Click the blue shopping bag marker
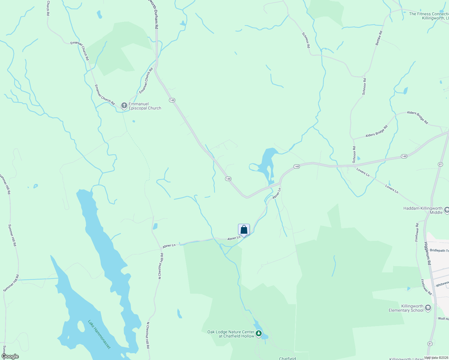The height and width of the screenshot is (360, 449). (244, 230)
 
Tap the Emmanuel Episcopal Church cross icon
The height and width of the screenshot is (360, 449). (124, 106)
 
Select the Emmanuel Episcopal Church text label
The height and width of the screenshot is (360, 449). (145, 106)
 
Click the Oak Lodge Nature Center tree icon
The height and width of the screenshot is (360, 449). (258, 334)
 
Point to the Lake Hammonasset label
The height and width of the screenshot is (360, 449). (99, 334)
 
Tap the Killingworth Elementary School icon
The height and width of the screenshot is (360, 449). (428, 308)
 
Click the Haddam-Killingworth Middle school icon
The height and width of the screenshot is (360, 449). (447, 210)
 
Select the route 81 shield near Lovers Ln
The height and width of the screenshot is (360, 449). (440, 164)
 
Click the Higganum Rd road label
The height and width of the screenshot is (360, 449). (428, 253)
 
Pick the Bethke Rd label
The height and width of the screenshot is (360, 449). (379, 38)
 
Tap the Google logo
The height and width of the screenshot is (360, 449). (10, 356)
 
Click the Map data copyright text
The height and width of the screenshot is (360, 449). (436, 358)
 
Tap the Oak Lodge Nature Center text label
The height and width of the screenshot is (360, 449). (231, 334)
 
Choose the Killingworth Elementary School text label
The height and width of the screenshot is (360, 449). (406, 308)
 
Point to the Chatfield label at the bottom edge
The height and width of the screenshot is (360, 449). (288, 358)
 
